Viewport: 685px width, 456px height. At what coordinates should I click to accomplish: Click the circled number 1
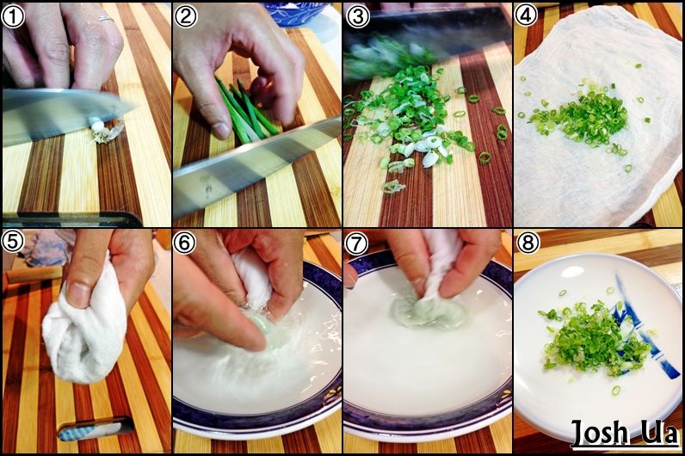[x=13, y=16]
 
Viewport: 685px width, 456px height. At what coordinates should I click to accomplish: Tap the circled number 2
[x=185, y=16]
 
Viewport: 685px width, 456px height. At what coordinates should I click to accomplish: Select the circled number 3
[x=356, y=16]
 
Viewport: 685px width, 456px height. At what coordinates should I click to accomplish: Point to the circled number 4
[x=526, y=16]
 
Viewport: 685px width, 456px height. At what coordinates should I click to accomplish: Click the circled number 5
[x=13, y=242]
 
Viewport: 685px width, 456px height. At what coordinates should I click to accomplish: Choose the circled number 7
[x=356, y=243]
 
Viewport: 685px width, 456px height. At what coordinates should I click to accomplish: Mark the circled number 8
[x=528, y=242]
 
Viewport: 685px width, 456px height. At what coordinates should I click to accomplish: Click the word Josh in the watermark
[x=599, y=433]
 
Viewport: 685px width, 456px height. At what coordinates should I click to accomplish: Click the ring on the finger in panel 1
[x=106, y=19]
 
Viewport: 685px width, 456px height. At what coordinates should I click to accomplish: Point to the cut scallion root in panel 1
[x=102, y=132]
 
